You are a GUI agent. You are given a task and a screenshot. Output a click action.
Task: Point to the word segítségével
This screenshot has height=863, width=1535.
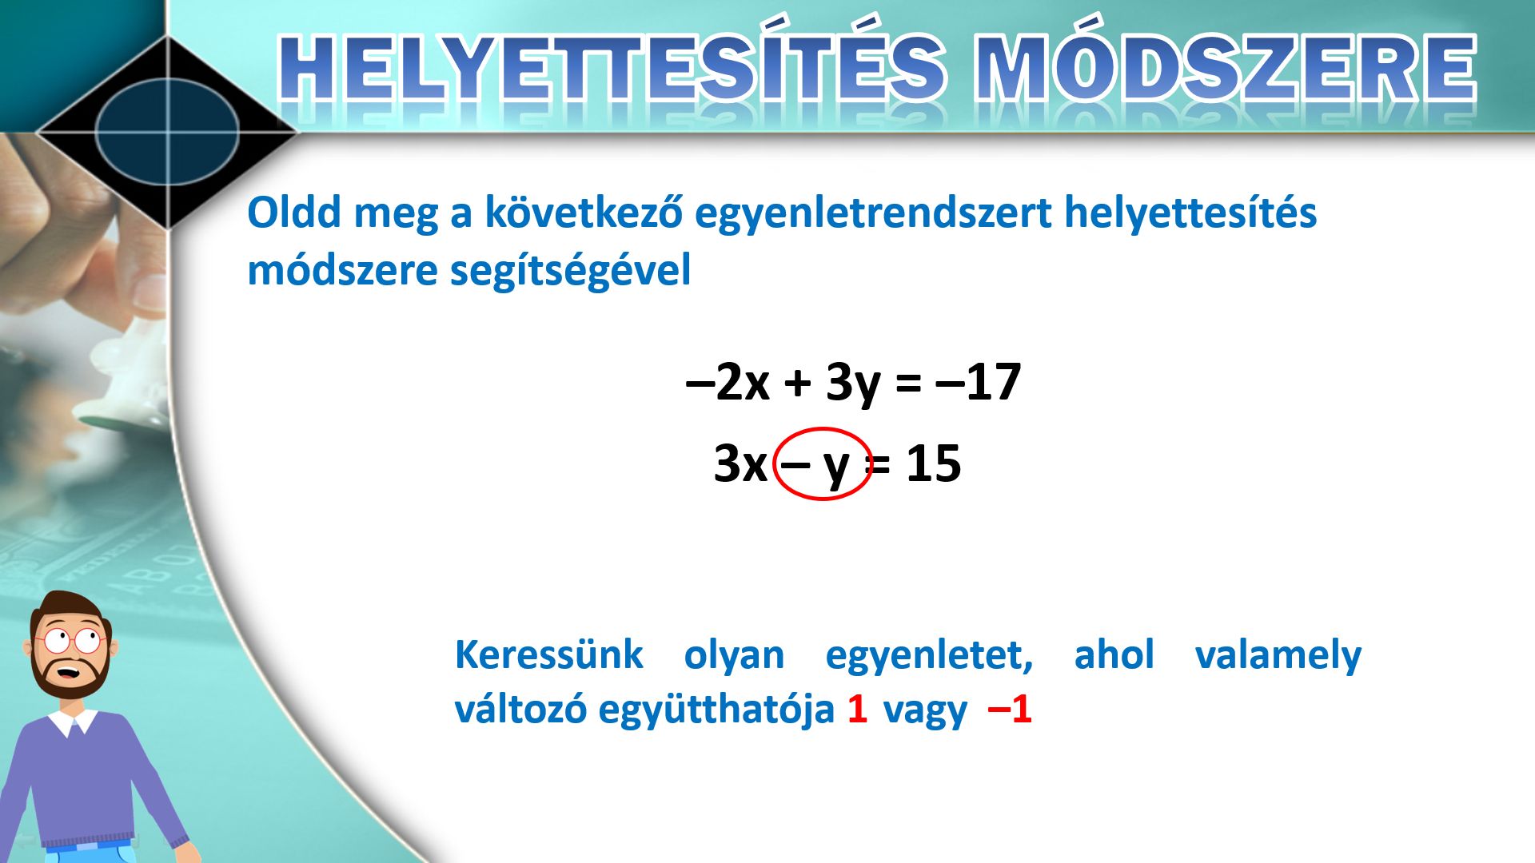(570, 270)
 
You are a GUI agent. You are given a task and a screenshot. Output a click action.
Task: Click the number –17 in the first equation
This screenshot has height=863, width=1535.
(978, 382)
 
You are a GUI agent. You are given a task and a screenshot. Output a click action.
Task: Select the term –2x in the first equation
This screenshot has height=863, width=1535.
(728, 382)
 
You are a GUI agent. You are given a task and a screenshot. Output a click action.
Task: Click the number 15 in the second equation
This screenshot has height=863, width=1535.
(933, 463)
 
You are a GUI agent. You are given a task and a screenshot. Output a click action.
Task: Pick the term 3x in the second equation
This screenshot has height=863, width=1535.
(740, 463)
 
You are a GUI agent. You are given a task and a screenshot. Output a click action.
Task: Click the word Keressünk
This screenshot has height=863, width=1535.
(548, 655)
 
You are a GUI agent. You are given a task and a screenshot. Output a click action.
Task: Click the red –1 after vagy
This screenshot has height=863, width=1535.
(1010, 709)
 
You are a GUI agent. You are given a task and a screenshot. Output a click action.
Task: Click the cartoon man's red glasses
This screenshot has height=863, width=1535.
(70, 640)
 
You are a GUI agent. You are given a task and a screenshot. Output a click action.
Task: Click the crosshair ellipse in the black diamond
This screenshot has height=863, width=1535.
(168, 132)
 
